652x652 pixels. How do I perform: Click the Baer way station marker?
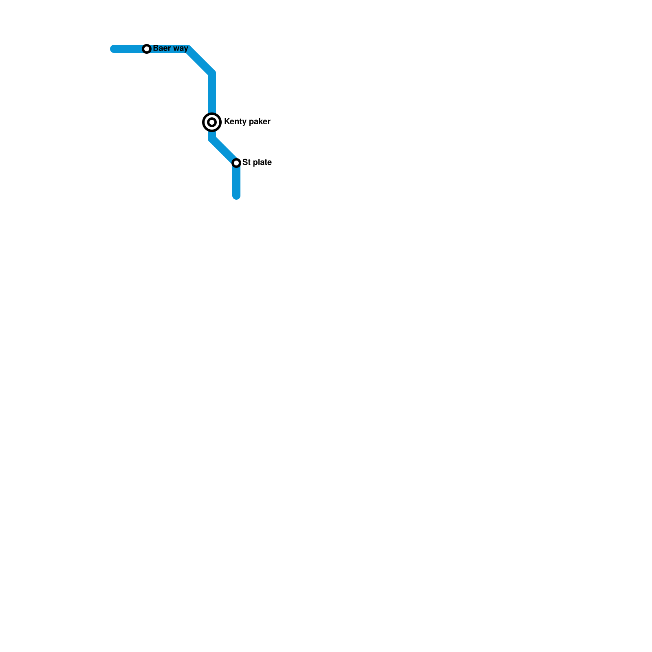(147, 49)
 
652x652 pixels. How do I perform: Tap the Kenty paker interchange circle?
(212, 122)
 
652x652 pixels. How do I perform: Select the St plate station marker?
(236, 163)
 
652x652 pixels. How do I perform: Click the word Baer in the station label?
(161, 48)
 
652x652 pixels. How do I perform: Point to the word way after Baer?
(180, 48)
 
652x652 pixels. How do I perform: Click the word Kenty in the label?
(233, 121)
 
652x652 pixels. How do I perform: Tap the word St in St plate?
(246, 162)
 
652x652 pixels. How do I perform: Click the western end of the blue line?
(114, 49)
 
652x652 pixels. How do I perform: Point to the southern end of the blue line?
(236, 196)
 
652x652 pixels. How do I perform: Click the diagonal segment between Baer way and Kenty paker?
(200, 61)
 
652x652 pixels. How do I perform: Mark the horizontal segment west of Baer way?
(128, 49)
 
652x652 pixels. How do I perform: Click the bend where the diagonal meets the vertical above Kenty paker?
(212, 73)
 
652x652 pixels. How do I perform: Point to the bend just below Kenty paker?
(212, 139)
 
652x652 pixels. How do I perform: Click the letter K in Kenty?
(227, 121)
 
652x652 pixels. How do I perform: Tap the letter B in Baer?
(156, 48)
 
